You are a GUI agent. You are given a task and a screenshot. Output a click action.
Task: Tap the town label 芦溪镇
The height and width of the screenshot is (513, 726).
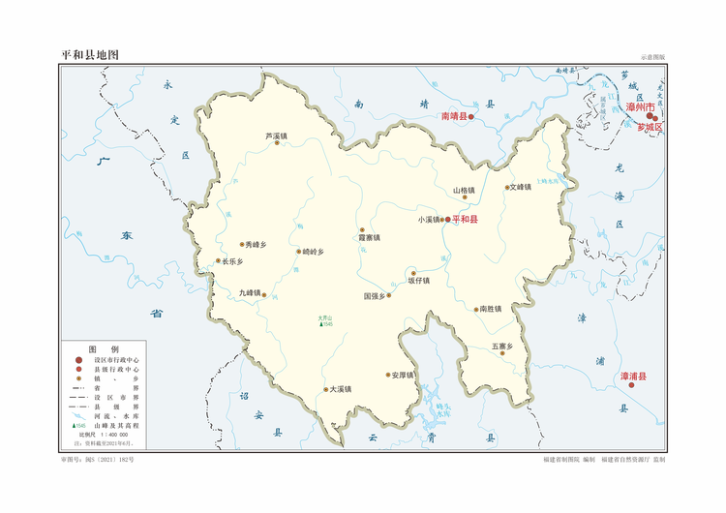tap(277, 136)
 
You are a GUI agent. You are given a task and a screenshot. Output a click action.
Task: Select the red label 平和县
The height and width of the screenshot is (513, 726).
tap(471, 220)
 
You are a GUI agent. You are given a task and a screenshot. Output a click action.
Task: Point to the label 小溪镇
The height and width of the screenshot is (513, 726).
tap(429, 220)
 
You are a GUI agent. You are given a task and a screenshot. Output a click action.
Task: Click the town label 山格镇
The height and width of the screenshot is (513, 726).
tap(464, 190)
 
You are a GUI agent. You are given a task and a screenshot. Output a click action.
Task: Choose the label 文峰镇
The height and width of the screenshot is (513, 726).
tap(521, 187)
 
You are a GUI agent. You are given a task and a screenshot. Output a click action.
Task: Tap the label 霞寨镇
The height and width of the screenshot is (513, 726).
tap(369, 237)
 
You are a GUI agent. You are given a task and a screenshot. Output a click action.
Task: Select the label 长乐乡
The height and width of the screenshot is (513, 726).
tap(232, 261)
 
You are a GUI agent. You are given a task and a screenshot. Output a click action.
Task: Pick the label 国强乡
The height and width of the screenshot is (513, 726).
tap(375, 295)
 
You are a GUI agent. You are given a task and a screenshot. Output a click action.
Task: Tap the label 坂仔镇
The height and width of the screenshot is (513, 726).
tap(418, 280)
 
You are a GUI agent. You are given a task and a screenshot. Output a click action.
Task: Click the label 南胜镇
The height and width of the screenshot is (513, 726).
tap(491, 309)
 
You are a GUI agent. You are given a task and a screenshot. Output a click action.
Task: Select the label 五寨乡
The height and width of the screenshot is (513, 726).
tap(501, 346)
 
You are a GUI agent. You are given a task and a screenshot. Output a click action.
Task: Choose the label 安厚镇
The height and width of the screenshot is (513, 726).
tap(403, 375)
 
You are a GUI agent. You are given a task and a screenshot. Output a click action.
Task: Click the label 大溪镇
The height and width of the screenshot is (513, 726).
tap(340, 389)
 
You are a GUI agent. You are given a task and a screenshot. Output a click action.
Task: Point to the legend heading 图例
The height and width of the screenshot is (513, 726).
tap(104, 348)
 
